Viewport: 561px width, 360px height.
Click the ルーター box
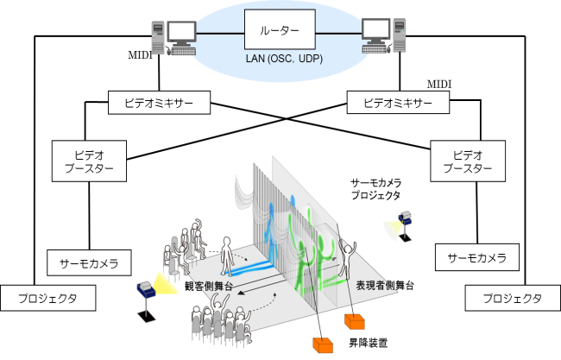280,32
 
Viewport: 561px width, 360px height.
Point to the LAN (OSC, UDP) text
280,59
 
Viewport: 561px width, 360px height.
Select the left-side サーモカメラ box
89,262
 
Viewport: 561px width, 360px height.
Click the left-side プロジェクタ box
48,299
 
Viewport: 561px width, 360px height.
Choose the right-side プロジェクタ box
512,299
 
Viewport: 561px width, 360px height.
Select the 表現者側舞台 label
385,286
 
